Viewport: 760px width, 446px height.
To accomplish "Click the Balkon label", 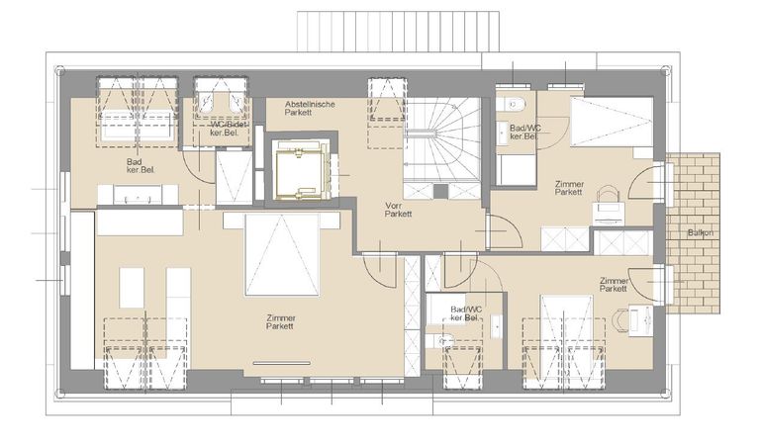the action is [701, 233].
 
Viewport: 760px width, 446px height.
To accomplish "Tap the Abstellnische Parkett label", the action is [310, 108].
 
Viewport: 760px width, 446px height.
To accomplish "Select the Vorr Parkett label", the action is [399, 210].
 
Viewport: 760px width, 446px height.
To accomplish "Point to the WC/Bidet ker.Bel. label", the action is [228, 128].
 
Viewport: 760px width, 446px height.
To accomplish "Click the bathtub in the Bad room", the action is [138, 125].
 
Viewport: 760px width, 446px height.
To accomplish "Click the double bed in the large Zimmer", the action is [282, 255].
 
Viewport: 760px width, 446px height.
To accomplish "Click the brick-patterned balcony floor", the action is [693, 232].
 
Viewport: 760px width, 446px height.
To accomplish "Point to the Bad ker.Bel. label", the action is [141, 165].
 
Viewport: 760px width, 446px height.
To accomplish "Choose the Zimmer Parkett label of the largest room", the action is [281, 322].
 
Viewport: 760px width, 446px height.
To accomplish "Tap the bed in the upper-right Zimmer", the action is [612, 122].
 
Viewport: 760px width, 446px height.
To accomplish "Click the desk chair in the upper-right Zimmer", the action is [608, 195].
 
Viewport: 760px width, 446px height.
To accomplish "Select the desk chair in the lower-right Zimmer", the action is [621, 319].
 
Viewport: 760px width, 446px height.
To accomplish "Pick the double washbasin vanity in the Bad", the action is [139, 195].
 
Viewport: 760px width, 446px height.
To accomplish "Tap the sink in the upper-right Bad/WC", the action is [502, 131].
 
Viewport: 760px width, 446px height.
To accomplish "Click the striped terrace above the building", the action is [399, 32].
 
